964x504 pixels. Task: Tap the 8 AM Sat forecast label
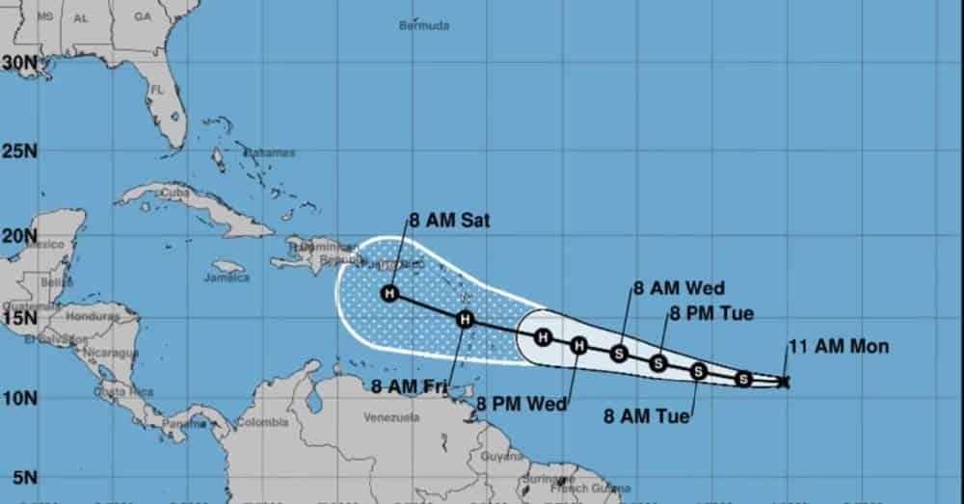click(x=449, y=221)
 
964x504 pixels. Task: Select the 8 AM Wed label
click(x=679, y=287)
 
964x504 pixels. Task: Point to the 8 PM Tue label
click(x=711, y=312)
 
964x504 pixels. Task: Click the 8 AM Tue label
click(x=647, y=416)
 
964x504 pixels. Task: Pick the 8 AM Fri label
click(x=409, y=386)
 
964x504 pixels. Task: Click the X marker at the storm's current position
click(x=784, y=382)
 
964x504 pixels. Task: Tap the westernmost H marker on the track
click(x=389, y=294)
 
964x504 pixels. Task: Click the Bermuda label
click(x=424, y=25)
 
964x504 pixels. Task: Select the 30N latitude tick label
click(x=19, y=62)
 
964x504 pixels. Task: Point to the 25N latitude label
click(x=19, y=151)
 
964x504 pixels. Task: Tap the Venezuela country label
click(x=391, y=417)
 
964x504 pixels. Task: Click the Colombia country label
click(x=262, y=422)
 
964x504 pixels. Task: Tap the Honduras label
click(x=94, y=316)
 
